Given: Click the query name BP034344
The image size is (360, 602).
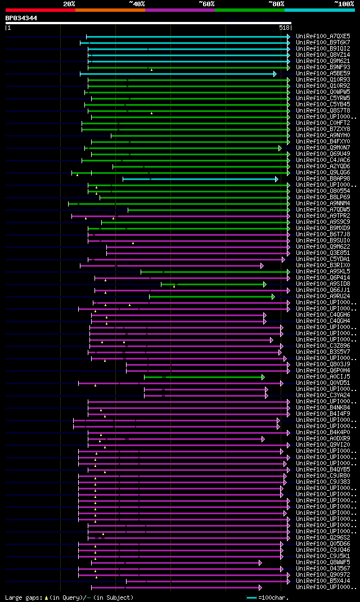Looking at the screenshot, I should (x=21, y=18).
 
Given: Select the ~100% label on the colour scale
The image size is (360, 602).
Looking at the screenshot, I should (x=344, y=3).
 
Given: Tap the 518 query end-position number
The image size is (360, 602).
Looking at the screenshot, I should (x=284, y=27).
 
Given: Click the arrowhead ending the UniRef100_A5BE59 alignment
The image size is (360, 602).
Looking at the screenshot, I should (x=275, y=74).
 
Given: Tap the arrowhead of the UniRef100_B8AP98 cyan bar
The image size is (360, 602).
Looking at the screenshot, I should (x=276, y=179).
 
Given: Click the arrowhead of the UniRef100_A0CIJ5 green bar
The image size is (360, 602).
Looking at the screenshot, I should (x=263, y=377).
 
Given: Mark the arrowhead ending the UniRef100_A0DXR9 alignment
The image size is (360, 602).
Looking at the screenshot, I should (x=263, y=439).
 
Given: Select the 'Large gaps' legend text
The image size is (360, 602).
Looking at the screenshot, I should (x=22, y=597).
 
